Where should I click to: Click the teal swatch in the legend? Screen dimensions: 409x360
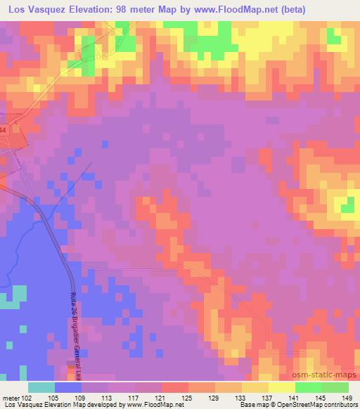tap(41, 387)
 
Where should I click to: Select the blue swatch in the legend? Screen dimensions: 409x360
tap(68, 387)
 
